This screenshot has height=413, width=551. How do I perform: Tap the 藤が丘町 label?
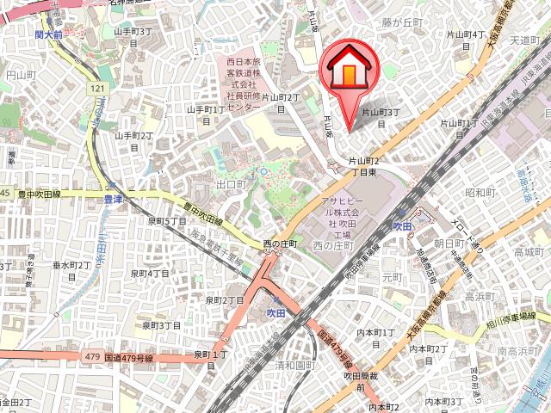403,22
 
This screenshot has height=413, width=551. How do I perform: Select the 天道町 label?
525,40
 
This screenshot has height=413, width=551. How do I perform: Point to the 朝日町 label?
449,243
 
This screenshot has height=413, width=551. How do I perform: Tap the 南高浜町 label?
517,351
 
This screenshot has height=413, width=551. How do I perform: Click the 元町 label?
393,277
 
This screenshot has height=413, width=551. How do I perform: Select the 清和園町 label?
294,365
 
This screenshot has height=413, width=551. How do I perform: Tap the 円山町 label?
18,76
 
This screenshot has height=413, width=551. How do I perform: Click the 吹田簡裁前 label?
362,381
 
